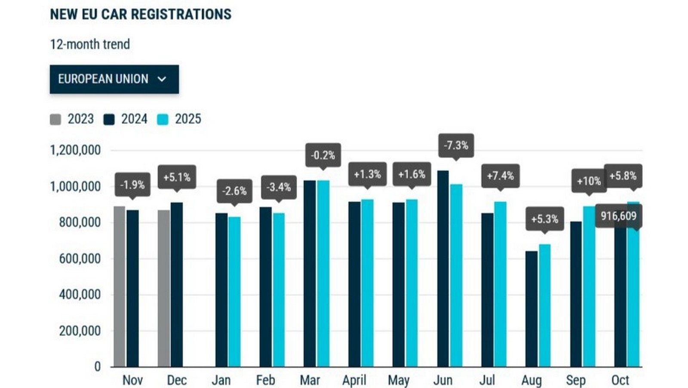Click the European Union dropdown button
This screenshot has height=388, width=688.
[114, 79]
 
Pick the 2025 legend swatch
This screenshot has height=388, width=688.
[163, 119]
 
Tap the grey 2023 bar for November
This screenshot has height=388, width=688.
[119, 286]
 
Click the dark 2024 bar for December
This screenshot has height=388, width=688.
[177, 284]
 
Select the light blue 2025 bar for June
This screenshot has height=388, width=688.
[456, 275]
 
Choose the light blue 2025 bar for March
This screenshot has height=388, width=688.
[323, 273]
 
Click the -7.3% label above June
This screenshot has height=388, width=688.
[456, 145]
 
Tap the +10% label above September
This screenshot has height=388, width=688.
[589, 181]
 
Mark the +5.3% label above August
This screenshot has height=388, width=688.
[544, 219]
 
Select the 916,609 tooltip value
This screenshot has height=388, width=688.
[618, 216]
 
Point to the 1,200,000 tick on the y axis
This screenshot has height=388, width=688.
[75, 150]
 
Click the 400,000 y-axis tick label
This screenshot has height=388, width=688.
[80, 295]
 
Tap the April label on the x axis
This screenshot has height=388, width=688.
[354, 380]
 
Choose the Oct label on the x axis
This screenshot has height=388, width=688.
[620, 380]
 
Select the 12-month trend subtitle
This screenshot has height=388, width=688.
[90, 44]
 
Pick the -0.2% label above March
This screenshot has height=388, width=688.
[323, 155]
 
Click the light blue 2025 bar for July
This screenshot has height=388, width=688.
[500, 284]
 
